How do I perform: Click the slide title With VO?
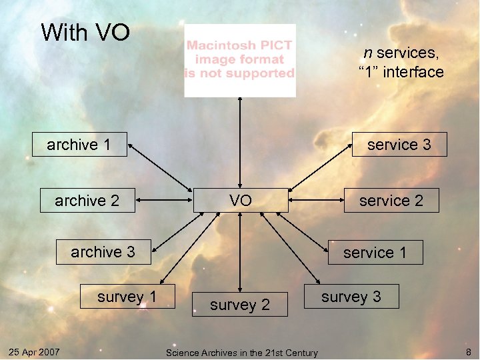pos(85,32)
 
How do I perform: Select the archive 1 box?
pos(79,144)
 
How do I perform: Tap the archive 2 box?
pos(87,200)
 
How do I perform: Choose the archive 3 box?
pos(103,252)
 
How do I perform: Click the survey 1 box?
pos(127,297)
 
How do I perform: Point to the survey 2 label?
pos(240,305)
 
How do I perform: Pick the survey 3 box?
pos(351,297)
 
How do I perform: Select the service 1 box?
pos(375,253)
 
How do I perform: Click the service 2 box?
pos(391,200)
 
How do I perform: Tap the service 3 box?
pos(399,144)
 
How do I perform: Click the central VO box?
pos(241,200)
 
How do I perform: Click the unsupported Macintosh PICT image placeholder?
pos(240,61)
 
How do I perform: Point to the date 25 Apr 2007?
pos(34,351)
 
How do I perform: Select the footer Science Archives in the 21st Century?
pos(241,352)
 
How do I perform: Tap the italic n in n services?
pos(367,53)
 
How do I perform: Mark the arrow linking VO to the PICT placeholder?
pos(240,143)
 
